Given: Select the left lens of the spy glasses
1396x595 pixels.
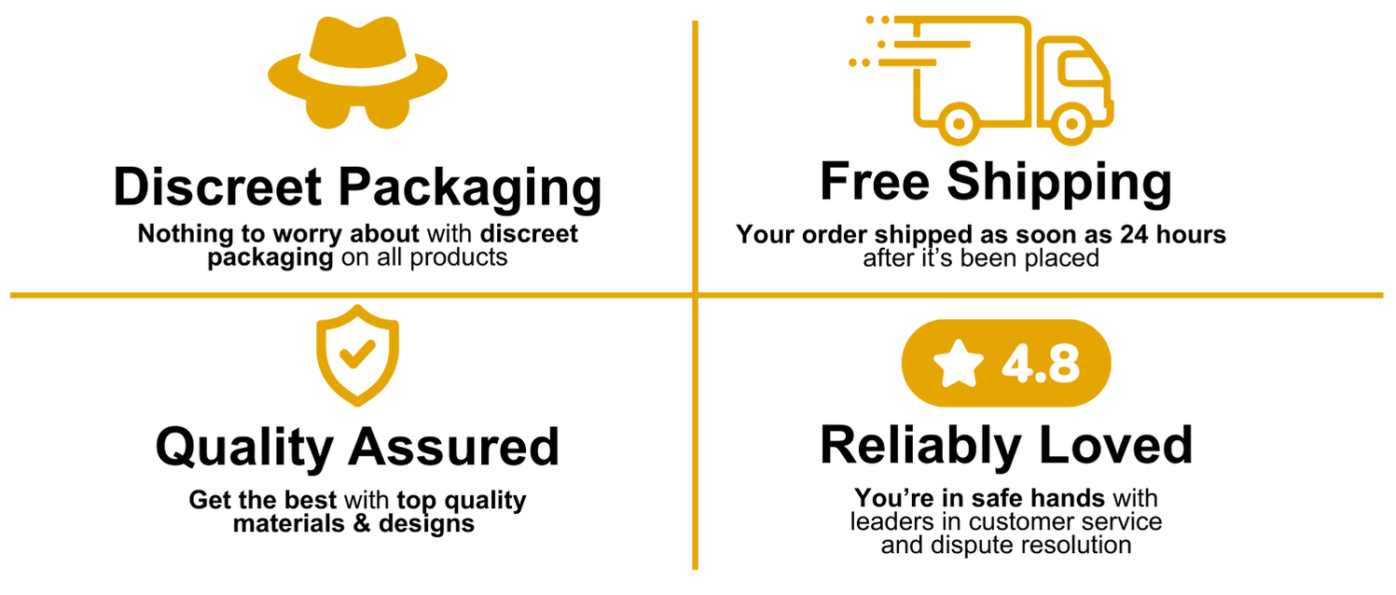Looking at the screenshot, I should [327, 110].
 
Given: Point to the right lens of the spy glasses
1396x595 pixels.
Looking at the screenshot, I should [388, 110].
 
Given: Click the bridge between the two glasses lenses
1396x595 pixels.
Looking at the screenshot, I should [358, 104].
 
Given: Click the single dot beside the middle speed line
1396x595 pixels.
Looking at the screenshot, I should [881, 44].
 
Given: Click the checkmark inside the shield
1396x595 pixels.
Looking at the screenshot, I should [356, 354].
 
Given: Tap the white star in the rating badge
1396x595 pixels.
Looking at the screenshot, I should [959, 364].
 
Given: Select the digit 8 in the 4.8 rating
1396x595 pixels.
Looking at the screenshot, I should [1062, 365].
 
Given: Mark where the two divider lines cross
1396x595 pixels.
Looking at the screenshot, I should [695, 296].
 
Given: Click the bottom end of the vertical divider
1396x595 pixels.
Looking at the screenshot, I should [695, 568].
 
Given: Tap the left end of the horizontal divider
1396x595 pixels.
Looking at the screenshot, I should [11, 296].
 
